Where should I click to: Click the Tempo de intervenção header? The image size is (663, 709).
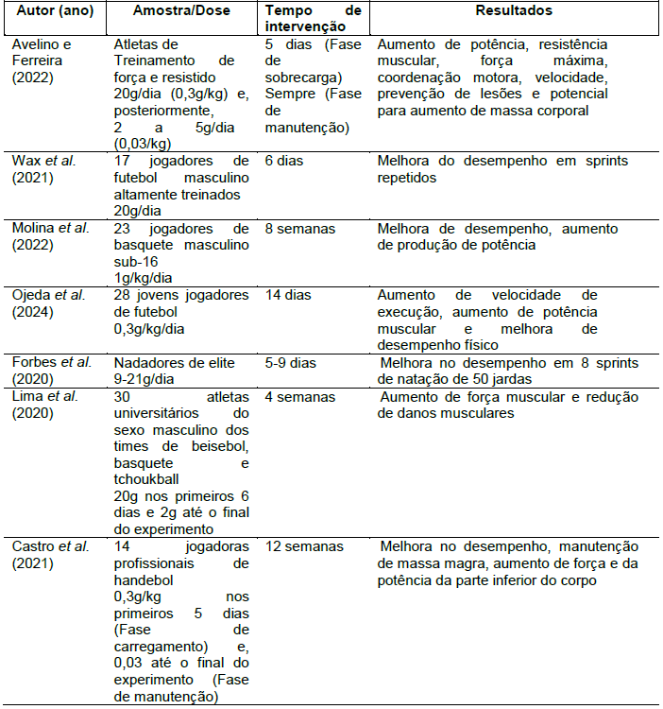tap(313, 18)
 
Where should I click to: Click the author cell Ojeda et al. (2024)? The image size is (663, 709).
tap(48, 303)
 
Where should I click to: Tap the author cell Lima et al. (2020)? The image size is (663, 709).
tap(46, 403)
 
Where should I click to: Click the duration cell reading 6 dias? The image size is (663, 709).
tap(284, 161)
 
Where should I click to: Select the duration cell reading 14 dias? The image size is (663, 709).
tap(288, 295)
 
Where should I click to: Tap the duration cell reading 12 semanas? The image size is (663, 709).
tap(304, 546)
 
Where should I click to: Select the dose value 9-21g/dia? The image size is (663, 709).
tap(149, 379)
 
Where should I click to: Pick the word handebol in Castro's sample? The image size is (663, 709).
tap(143, 580)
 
